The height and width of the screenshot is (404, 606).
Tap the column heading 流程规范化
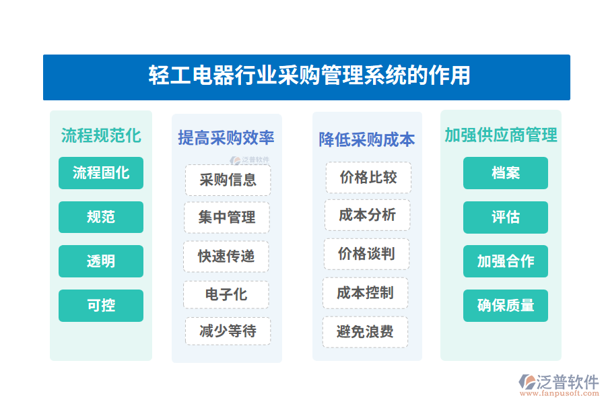click(x=101, y=135)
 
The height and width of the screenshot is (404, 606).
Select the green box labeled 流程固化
click(x=101, y=173)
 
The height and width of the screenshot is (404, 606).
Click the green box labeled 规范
click(x=101, y=217)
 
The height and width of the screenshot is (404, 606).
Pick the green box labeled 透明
click(x=101, y=261)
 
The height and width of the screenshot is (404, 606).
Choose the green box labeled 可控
click(x=101, y=306)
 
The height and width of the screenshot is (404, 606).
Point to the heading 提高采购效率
click(x=226, y=138)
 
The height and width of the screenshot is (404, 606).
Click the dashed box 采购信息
click(x=228, y=180)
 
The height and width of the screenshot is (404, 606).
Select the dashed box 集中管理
click(x=227, y=217)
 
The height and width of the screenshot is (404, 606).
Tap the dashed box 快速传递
click(x=226, y=257)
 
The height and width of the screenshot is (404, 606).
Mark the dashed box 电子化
click(x=226, y=295)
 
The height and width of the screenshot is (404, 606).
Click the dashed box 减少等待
click(x=228, y=331)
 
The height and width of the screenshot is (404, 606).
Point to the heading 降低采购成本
click(x=367, y=139)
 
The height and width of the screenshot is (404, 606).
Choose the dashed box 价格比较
click(x=368, y=178)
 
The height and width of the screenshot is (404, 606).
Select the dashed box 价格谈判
click(x=366, y=254)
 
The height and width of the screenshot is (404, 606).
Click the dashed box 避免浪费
click(x=365, y=332)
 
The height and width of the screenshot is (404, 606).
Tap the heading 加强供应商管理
click(x=501, y=135)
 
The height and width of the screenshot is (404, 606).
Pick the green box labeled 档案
click(x=506, y=173)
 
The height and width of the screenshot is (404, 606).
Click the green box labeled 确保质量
click(x=506, y=306)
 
